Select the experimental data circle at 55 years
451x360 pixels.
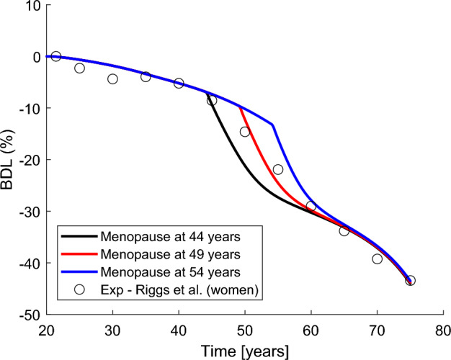(x=278, y=169)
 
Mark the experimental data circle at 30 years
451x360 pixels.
(x=112, y=78)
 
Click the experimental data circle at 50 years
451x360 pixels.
(x=245, y=132)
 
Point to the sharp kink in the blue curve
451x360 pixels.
(x=272, y=125)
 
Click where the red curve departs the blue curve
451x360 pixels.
(x=238, y=106)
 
